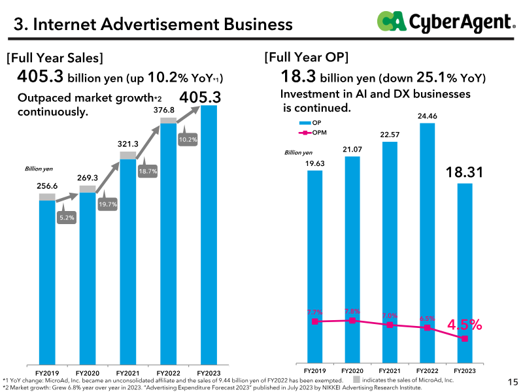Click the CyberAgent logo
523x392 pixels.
click(447, 22)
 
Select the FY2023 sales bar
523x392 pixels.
click(209, 235)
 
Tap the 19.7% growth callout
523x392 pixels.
click(108, 202)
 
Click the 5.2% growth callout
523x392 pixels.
click(67, 216)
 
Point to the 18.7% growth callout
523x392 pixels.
click(148, 169)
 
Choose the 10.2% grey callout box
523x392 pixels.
click(188, 137)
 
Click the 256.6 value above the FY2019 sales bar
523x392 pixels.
click(47, 186)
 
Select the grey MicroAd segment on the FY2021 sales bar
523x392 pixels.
click(128, 155)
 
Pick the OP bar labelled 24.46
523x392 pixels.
click(428, 243)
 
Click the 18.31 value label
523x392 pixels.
click(464, 172)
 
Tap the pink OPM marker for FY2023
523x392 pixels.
click(465, 338)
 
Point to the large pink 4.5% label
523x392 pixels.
click(464, 324)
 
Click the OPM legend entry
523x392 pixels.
click(312, 133)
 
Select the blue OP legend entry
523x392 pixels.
click(310, 123)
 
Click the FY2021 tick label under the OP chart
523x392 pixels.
click(390, 370)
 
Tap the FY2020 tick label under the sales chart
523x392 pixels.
click(88, 373)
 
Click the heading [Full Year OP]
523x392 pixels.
click(306, 57)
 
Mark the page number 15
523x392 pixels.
click(513, 382)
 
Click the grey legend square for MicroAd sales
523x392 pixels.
click(356, 380)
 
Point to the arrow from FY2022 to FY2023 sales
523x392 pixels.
click(188, 114)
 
